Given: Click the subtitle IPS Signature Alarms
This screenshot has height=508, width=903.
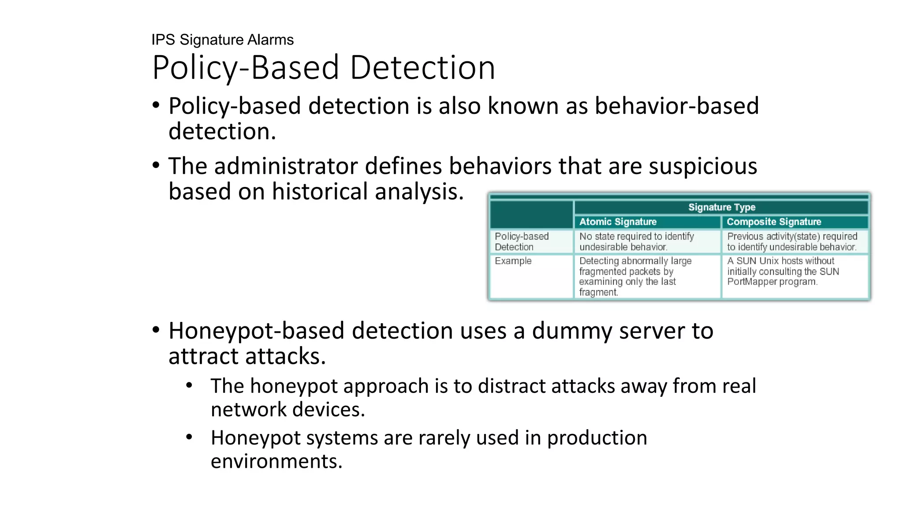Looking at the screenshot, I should click(x=222, y=40).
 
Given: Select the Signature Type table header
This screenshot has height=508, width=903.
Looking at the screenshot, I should click(x=721, y=207).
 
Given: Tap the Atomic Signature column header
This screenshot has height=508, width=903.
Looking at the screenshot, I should click(x=617, y=222).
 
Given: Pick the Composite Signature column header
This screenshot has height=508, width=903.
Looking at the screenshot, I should click(x=773, y=222).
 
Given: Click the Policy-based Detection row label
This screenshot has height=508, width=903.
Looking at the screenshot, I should click(x=521, y=242).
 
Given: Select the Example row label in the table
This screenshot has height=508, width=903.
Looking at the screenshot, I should click(x=513, y=261).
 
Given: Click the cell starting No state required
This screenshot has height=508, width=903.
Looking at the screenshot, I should click(x=636, y=242).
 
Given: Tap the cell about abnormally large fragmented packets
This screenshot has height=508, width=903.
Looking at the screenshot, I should click(x=635, y=276).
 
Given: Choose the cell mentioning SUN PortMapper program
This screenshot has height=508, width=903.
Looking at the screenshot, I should click(x=783, y=272).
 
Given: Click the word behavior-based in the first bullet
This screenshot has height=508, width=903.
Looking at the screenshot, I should click(x=676, y=106).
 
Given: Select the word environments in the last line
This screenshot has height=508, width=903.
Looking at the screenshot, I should click(x=276, y=461).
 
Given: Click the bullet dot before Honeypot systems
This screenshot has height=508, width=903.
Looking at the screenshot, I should click(x=189, y=437).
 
